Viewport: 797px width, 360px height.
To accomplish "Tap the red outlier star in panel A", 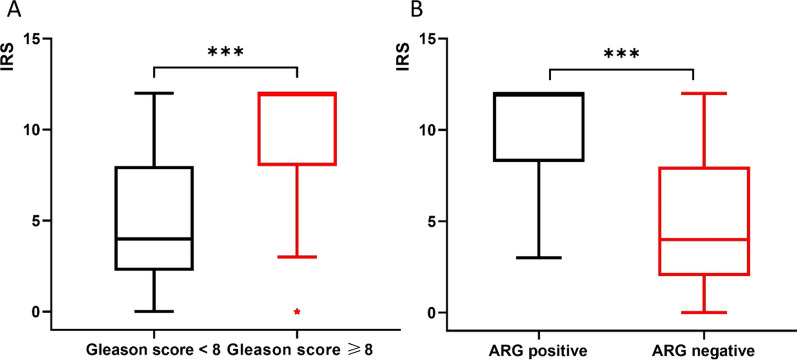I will coord(297,312).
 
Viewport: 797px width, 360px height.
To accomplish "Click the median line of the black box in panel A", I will coord(154,239).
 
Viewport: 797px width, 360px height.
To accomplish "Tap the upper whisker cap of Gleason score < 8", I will coord(154,93).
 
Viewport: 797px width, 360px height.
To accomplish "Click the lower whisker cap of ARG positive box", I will coord(549,257).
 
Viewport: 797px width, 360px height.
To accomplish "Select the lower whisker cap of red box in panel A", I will coord(297,257).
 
